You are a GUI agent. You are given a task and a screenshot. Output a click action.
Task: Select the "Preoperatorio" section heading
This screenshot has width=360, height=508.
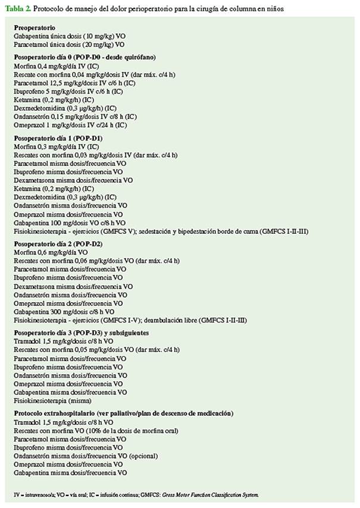[x=35, y=28]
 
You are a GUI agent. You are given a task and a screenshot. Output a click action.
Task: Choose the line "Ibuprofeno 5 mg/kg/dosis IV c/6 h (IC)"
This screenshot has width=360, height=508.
[x=72, y=92]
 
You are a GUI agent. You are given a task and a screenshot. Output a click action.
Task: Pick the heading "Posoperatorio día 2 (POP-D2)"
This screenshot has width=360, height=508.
[x=58, y=243]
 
